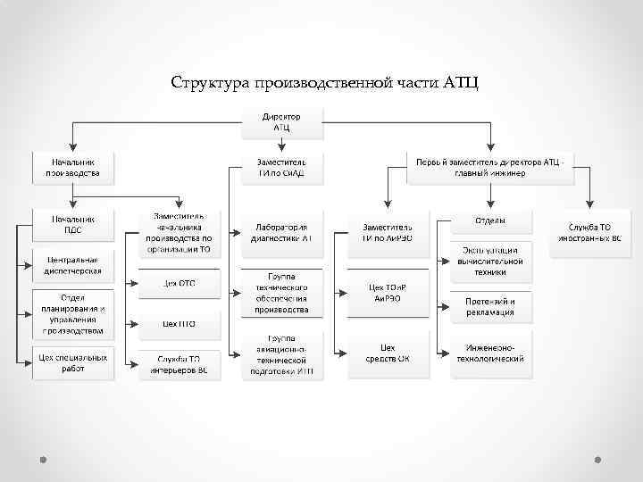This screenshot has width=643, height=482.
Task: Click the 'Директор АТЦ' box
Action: click(281, 123)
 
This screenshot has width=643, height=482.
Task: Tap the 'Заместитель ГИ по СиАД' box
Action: click(281, 167)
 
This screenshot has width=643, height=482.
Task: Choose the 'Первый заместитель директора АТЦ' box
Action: click(489, 167)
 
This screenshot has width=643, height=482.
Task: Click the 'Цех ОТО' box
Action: click(179, 284)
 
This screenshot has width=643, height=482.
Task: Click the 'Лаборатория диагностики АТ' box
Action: click(281, 233)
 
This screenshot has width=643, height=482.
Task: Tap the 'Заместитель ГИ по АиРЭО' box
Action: click(387, 233)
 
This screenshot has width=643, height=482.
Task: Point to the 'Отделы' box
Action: click(490, 220)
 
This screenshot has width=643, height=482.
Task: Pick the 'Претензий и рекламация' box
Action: click(490, 307)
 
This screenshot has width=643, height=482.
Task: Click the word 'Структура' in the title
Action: click(209, 83)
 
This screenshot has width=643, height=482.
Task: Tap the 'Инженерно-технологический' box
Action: click(490, 353)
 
